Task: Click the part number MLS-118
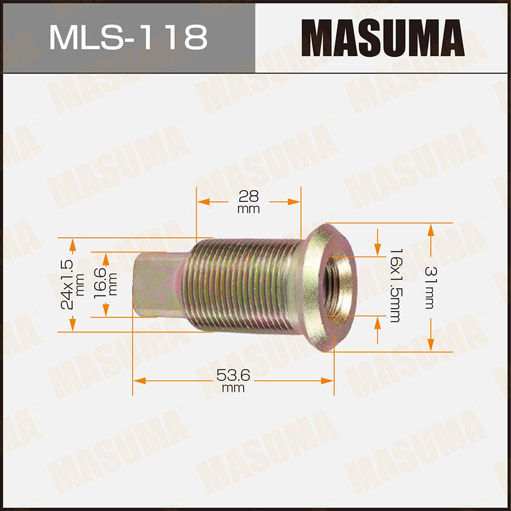point(128,37)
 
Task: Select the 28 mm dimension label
point(249,201)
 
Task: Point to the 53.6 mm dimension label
point(233,381)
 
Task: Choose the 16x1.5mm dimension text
point(393,286)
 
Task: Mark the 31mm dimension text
point(428,287)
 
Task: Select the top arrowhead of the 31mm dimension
point(431,229)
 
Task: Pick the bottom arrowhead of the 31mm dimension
point(431,345)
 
